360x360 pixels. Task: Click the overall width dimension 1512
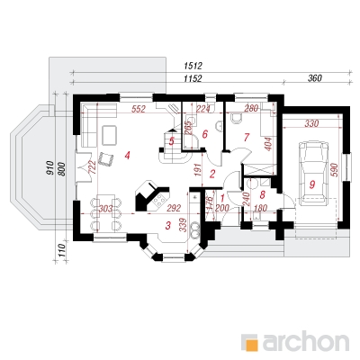193,66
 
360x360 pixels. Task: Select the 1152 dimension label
193,78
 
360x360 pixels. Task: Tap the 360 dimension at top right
314,78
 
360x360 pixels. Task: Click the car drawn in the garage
313,175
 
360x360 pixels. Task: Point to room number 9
312,185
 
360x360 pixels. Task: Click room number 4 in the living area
128,156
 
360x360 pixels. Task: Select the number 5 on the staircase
172,141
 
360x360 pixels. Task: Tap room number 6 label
205,134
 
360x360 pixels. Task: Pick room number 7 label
247,137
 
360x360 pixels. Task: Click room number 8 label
262,194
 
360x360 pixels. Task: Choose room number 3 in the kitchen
168,225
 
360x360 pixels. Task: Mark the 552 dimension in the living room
139,109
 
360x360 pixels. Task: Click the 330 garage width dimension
311,123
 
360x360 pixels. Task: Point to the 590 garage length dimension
335,170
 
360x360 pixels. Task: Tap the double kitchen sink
195,229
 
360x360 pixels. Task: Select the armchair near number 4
105,158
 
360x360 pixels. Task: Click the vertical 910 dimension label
50,168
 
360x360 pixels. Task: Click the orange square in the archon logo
251,343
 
